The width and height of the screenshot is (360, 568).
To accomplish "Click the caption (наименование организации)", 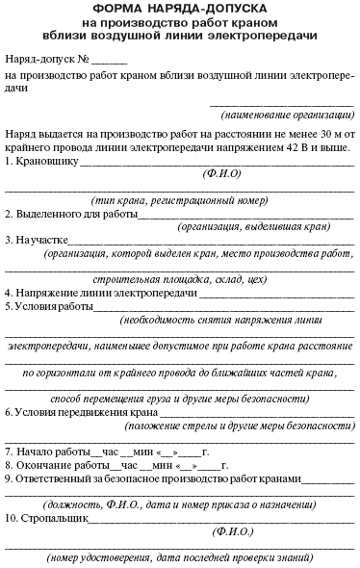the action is [x=288, y=115].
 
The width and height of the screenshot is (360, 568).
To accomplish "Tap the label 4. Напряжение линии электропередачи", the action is [x=92, y=292].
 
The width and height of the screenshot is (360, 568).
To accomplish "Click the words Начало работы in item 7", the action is [x=58, y=451].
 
